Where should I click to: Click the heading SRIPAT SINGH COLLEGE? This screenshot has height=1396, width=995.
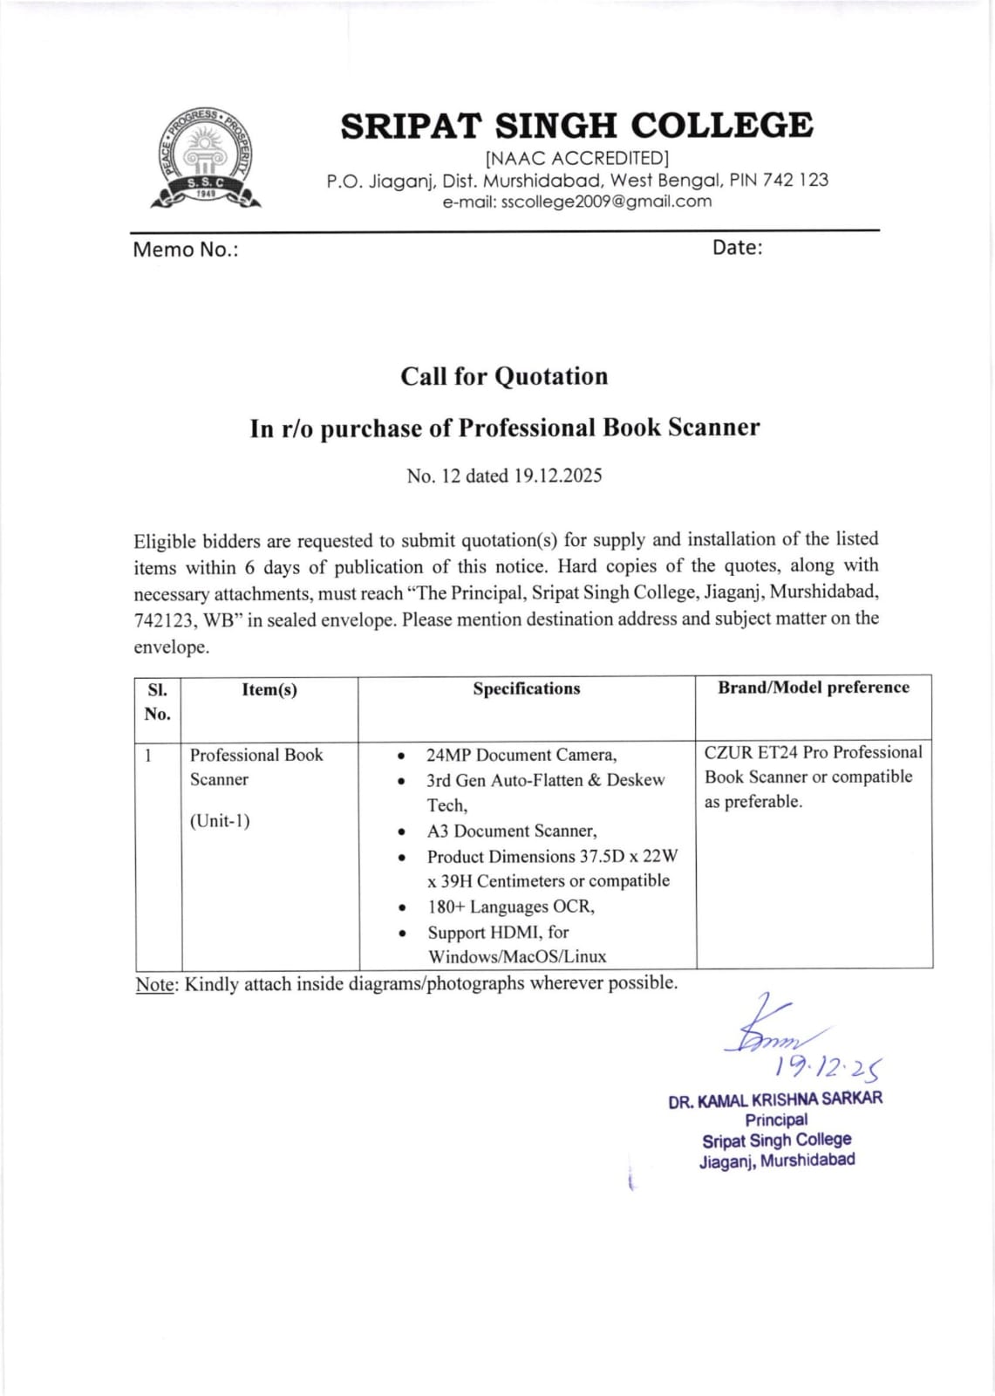576,126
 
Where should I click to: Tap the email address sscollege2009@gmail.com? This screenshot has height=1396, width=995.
576,202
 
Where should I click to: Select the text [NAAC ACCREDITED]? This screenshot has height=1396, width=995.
576,158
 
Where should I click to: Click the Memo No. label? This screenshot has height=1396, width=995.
185,250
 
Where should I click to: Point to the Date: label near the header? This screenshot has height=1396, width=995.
737,248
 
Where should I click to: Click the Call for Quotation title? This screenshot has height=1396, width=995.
504,376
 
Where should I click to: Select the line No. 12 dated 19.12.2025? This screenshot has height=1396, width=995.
504,476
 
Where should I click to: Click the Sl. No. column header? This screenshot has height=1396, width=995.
158,701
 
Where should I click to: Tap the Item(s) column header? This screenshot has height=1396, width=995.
269,689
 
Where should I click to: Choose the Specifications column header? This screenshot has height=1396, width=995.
526,688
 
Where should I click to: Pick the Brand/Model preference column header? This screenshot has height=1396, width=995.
813,688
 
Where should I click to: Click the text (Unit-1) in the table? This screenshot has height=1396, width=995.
220,821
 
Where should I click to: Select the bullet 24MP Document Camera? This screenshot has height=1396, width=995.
521,755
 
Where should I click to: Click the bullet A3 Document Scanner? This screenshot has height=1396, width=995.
511,831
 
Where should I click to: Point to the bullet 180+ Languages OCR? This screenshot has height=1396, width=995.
510,907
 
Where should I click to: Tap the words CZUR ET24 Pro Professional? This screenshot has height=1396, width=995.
813,752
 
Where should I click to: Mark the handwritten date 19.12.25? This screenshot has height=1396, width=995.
828,1067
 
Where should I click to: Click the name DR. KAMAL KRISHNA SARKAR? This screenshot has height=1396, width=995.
775,1099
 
